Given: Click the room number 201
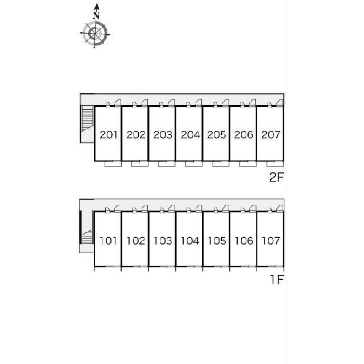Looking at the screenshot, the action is point(109,135).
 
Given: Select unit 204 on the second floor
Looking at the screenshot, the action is point(191,135).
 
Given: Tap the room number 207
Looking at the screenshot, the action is point(271,135).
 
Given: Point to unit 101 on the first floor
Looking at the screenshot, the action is point(108,241).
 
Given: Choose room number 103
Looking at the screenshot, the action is point(163,241).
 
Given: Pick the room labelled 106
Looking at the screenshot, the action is point(244,241).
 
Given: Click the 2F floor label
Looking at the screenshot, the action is point(276,177).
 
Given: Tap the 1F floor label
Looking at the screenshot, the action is point(277,279).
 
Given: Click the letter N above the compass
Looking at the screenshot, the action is point(97,15).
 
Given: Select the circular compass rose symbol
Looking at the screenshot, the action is point(95,34).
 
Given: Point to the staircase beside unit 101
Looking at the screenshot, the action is point(87,236).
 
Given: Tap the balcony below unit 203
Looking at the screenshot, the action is point(167,164).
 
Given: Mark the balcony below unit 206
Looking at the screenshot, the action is point(248,164).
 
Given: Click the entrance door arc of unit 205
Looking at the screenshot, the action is point(226,102).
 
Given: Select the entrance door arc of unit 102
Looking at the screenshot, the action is point(144,208).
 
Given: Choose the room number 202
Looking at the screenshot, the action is point(136,135).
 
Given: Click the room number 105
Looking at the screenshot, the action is point(217,241).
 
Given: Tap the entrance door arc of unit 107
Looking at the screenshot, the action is point(280,208).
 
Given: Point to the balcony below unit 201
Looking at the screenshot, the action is point(113,164).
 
